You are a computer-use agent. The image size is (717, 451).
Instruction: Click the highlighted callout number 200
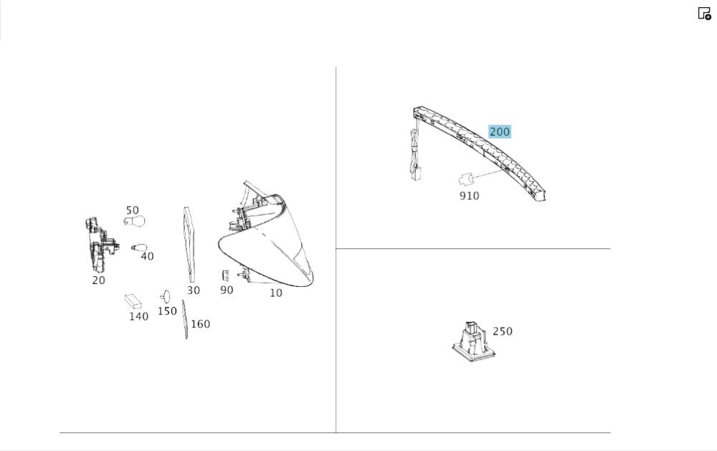[499, 132]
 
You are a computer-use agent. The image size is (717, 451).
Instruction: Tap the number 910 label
[469, 196]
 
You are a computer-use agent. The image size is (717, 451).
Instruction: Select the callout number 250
[503, 331]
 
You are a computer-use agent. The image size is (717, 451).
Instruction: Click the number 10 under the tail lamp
[276, 293]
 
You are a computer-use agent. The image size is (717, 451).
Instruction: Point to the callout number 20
[98, 280]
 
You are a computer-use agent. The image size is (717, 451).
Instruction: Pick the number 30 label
[194, 290]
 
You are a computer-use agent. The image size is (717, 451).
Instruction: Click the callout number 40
[147, 256]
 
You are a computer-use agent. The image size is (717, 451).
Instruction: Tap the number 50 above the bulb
[132, 210]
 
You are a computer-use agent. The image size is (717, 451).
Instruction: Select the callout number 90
[227, 290]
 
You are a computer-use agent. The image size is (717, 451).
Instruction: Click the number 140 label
[138, 316]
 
